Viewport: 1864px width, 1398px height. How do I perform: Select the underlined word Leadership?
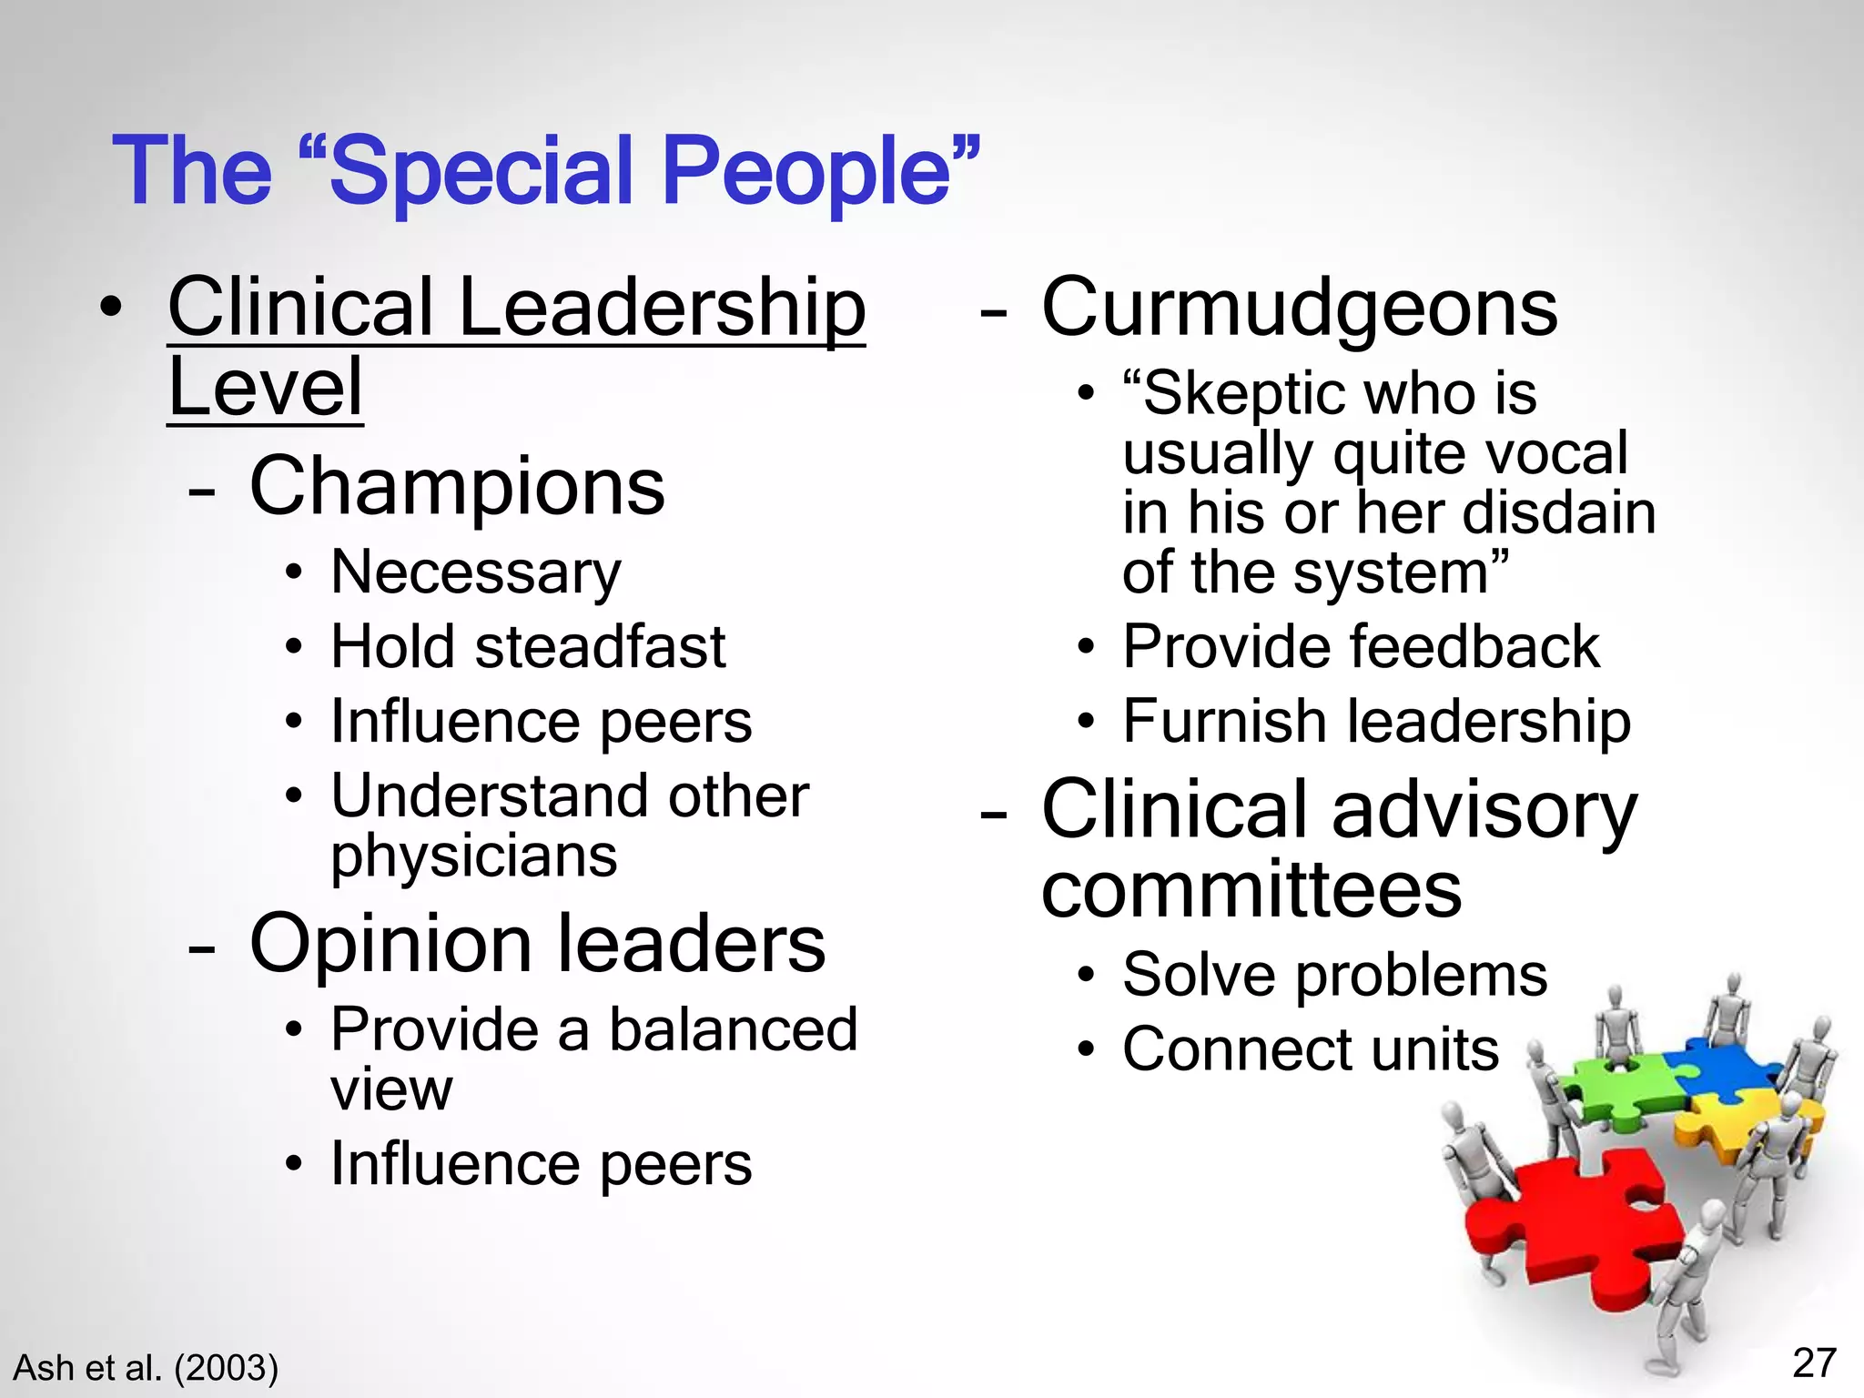pos(662,308)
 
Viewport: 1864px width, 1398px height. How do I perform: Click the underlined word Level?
pos(266,388)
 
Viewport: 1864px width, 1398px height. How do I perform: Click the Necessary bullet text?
pos(476,573)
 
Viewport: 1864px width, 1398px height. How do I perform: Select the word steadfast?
pos(600,647)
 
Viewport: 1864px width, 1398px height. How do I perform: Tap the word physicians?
pos(473,857)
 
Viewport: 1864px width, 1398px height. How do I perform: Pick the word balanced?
pos(733,1030)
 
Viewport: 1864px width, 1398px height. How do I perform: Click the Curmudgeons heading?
pos(1299,308)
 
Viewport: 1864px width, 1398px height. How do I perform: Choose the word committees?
pos(1251,889)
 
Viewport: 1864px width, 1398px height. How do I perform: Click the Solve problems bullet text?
pos(1334,976)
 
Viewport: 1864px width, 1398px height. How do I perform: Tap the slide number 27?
pos(1814,1363)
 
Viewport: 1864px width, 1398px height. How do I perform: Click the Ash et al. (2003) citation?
pos(146,1368)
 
